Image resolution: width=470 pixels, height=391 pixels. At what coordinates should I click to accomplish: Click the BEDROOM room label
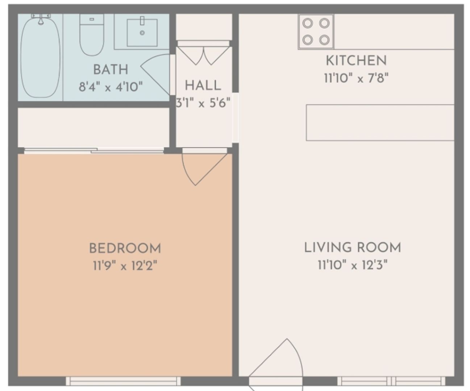125,248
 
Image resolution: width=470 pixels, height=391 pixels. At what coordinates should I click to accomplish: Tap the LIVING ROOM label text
352,248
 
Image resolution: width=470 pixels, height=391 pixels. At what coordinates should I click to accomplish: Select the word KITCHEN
356,60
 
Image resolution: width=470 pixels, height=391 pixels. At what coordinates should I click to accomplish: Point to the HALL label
203,85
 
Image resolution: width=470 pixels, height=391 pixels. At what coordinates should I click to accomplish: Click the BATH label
111,69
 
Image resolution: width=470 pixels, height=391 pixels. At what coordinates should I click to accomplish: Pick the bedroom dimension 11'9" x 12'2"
125,266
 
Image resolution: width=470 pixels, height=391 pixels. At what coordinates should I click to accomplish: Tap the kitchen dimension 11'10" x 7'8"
356,78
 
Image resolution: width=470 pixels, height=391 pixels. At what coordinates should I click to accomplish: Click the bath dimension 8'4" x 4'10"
111,87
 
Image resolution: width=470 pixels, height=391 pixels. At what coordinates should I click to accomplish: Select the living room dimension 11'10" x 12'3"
352,265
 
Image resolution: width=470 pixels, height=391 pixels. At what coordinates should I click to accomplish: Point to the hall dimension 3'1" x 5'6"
203,103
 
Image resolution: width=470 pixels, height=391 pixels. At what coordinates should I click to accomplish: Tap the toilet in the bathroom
92,36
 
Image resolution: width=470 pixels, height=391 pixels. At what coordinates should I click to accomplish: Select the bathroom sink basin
142,33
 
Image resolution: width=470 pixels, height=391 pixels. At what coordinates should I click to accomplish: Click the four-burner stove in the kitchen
316,31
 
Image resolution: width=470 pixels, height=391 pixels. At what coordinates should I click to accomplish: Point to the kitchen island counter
380,122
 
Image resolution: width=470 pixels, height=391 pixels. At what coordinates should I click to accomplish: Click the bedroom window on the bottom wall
123,381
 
